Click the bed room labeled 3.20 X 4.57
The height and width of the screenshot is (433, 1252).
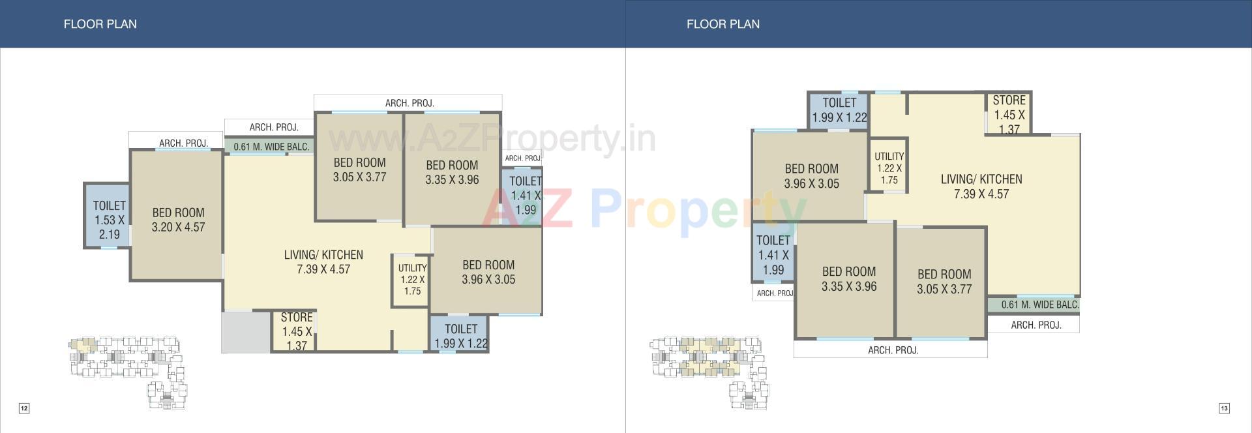tap(178, 220)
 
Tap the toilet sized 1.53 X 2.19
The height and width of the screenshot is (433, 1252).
tap(109, 220)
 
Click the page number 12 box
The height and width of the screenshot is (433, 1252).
tap(24, 408)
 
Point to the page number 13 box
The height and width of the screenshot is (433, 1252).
tap(1224, 408)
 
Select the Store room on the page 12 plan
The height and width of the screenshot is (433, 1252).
tap(296, 331)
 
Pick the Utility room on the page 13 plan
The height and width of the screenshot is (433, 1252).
tap(889, 168)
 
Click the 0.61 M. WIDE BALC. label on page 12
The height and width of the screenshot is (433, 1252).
tap(271, 147)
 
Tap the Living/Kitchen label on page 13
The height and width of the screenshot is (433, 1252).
tap(981, 186)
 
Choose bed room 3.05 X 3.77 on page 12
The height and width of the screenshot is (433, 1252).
tap(359, 170)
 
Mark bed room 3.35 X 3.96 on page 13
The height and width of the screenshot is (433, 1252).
tap(848, 278)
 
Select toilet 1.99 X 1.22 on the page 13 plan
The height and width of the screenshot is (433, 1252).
tap(839, 110)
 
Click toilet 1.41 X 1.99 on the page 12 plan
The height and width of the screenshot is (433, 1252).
tap(524, 195)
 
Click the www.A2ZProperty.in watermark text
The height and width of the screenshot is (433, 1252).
tap(492, 139)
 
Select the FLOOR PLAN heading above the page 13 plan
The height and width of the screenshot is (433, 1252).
tap(723, 24)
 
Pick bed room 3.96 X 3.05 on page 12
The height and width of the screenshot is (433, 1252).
tap(488, 272)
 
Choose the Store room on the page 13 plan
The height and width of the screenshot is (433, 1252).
tap(1009, 114)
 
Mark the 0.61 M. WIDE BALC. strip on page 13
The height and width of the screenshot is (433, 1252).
tap(1039, 305)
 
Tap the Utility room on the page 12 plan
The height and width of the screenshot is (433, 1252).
tap(412, 280)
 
